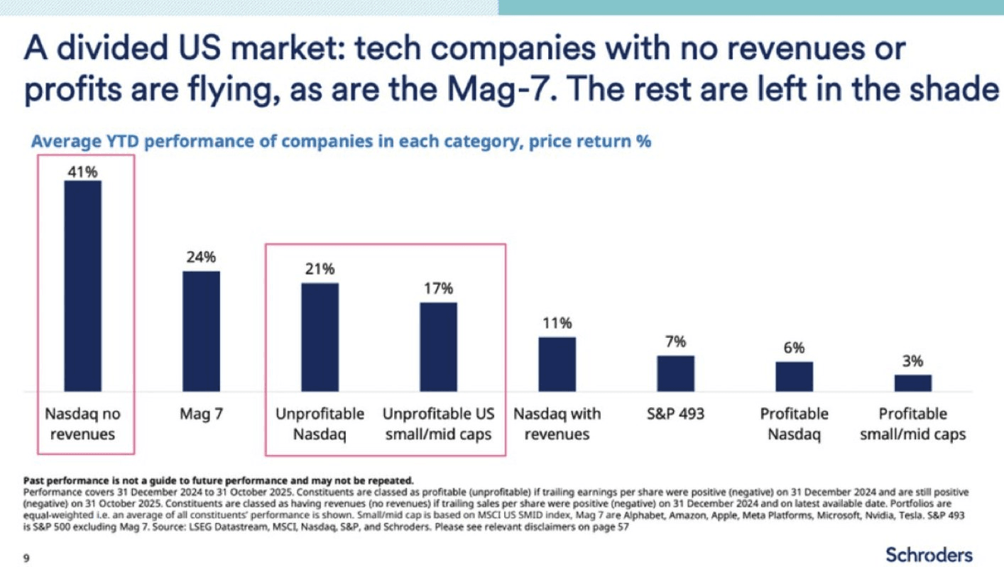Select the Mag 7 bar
coord(201,331)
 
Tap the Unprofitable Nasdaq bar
coord(320,337)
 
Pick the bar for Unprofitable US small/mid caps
coord(438,347)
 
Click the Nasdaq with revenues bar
coord(557,364)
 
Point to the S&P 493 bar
coord(675,373)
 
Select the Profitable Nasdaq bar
coord(794,376)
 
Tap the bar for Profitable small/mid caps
coord(912,383)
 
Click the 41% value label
coord(82,170)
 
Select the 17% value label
coord(438,290)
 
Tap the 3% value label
coord(912,361)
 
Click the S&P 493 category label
coord(675,414)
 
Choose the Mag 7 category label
coord(201,414)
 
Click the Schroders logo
coord(929,554)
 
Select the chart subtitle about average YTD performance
coord(341,141)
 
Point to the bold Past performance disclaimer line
coord(218,480)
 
